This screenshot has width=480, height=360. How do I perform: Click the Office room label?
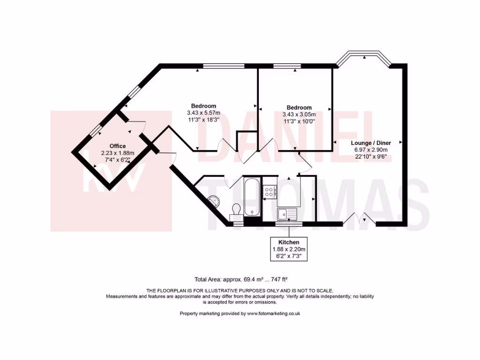pos(118,146)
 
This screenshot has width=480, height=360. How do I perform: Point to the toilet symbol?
pos(236,209)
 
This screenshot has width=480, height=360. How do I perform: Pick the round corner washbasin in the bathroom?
pos(214,201)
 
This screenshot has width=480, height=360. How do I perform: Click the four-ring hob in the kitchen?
pos(270,191)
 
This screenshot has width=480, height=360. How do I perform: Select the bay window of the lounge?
pos(364,57)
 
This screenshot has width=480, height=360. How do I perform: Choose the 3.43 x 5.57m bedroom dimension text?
pos(203,113)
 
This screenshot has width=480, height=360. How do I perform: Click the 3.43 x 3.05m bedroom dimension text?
pos(299,114)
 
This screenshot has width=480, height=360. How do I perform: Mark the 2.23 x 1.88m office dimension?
pos(118,153)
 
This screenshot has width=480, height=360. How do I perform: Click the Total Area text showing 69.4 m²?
pos(244,279)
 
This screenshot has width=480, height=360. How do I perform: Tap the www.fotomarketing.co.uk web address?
pos(273,314)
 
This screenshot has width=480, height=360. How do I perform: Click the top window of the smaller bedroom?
pos(287,66)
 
